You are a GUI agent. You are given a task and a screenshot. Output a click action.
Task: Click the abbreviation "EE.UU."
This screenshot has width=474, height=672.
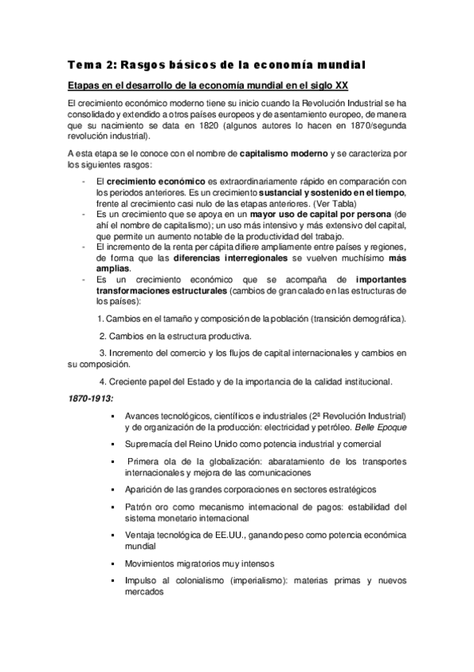231,536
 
